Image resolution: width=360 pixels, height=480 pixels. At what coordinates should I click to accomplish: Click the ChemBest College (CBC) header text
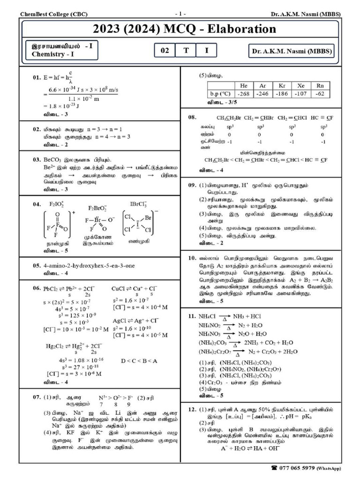[53, 14]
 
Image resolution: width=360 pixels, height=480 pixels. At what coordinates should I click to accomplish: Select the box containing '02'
[165, 51]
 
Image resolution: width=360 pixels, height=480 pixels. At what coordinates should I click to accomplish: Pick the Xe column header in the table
[296, 86]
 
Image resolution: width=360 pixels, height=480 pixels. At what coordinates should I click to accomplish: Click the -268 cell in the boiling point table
[243, 93]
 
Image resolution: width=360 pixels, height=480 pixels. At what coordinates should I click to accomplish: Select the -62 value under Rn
[320, 93]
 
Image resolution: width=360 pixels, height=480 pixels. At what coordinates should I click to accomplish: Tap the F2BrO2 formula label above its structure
[97, 208]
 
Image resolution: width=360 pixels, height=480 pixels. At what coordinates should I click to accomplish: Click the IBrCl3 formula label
[140, 205]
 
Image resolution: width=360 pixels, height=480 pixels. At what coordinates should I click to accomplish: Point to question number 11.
[192, 316]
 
